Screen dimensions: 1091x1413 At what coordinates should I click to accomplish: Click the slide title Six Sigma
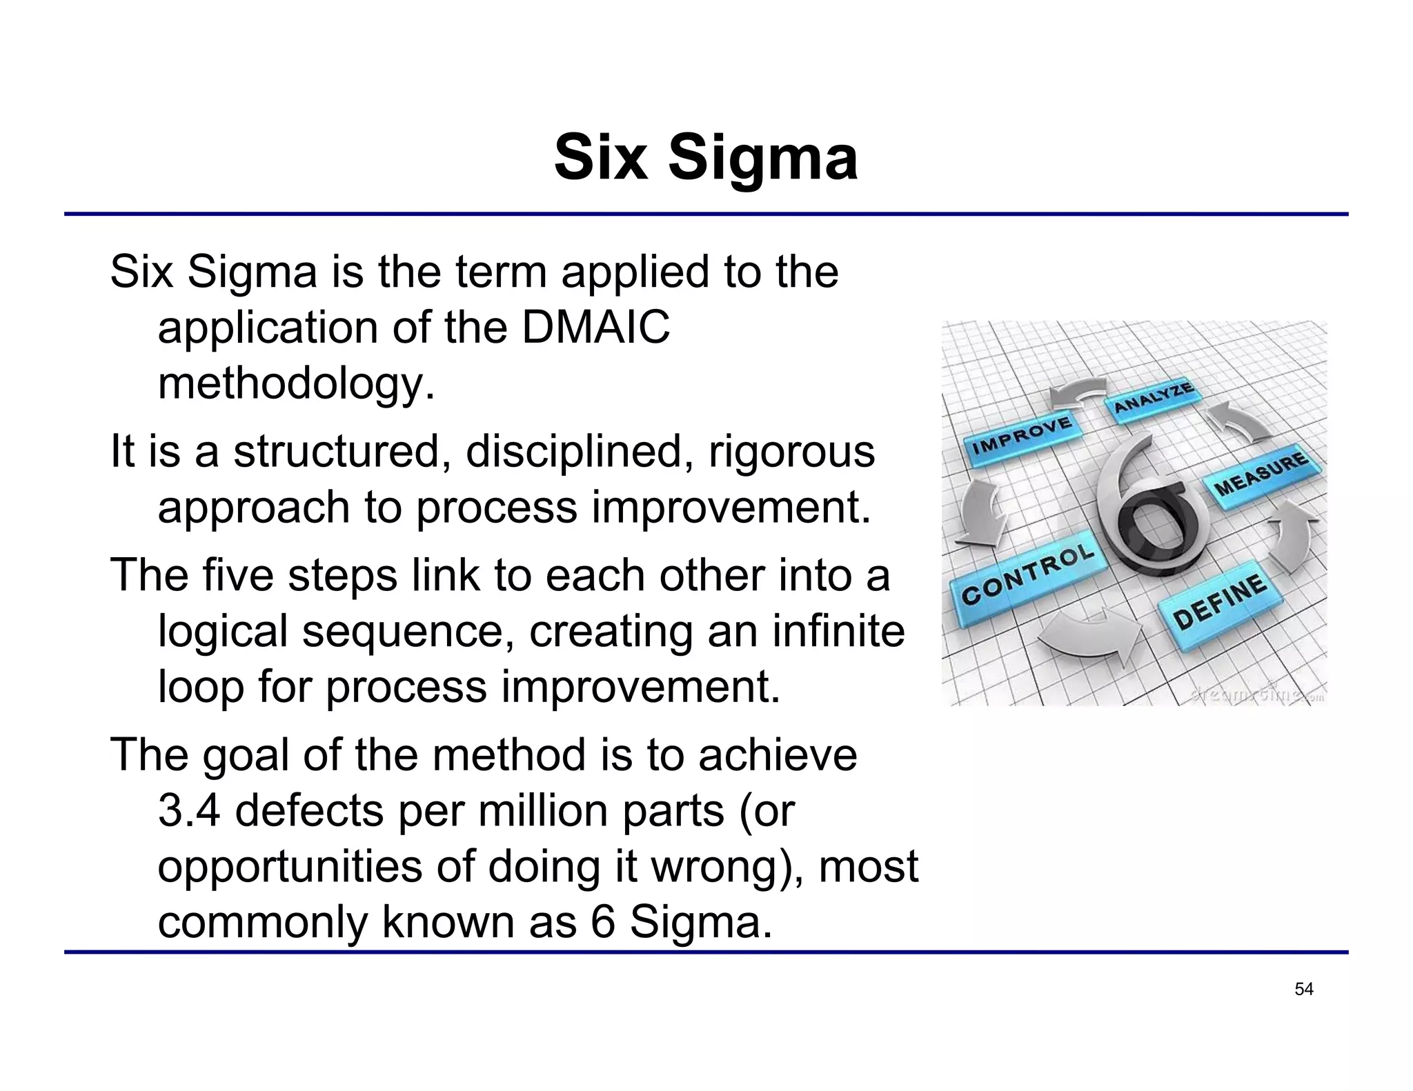(x=706, y=159)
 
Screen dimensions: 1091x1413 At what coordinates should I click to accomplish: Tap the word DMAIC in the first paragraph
(x=595, y=327)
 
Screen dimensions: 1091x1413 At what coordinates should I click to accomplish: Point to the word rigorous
(x=791, y=452)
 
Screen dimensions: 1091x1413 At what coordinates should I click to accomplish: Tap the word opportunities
(x=290, y=867)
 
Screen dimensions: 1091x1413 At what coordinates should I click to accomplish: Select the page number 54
(x=1303, y=989)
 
